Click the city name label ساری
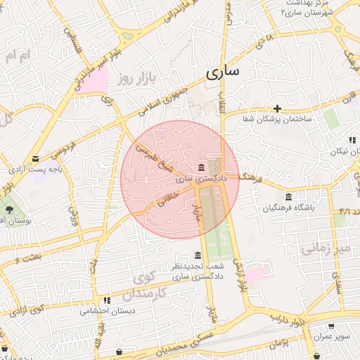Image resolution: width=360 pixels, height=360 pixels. (x=223, y=71)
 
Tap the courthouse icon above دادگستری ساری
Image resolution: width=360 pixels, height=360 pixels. (x=202, y=167)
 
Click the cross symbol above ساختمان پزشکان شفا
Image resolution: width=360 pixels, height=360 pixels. (x=278, y=108)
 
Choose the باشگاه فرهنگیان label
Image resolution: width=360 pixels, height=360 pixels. (x=289, y=208)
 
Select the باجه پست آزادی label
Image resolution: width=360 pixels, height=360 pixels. (x=32, y=169)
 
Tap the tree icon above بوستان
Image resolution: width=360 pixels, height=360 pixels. (x=9, y=210)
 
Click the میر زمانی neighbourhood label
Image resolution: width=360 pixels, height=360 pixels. (x=324, y=248)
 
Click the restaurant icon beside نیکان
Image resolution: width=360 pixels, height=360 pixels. (x=352, y=140)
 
